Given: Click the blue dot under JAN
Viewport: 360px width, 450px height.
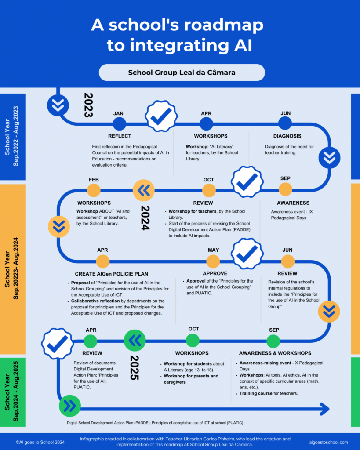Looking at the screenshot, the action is click(120, 124).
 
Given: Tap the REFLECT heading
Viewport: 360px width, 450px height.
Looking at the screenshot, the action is click(120, 136).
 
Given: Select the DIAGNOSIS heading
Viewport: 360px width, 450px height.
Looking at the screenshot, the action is click(287, 136).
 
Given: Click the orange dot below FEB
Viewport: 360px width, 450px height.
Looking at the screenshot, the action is click(94, 190).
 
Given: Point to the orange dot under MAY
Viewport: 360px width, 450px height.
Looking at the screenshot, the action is click(213, 261).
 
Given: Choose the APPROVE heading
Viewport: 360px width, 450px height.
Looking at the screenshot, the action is click(215, 273).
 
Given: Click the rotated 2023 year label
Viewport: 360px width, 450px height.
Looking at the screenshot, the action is click(88, 105).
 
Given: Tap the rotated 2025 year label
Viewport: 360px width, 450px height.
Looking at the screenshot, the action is click(135, 368).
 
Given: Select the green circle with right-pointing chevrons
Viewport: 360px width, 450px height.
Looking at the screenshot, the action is click(70, 406).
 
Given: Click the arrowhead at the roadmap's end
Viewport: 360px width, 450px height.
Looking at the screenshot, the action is click(325, 409).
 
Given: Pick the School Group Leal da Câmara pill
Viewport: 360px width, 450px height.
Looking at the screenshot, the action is click(182, 73).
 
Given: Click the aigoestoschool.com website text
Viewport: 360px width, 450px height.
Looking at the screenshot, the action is click(328, 442).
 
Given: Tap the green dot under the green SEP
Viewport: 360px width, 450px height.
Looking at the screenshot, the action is click(273, 341).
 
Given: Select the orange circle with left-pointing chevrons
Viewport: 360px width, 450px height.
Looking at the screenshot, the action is click(144, 190).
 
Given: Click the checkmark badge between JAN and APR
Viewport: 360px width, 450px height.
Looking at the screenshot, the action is click(161, 116).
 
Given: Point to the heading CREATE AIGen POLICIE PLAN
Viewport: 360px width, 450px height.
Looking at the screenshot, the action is click(112, 274).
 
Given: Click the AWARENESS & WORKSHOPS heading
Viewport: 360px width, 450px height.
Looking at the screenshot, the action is click(275, 353).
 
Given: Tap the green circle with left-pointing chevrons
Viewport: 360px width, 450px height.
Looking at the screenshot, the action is click(135, 341).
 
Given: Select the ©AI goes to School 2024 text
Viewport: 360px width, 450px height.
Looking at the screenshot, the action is click(40, 442).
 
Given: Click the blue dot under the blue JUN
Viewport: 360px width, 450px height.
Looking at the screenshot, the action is click(285, 124).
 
